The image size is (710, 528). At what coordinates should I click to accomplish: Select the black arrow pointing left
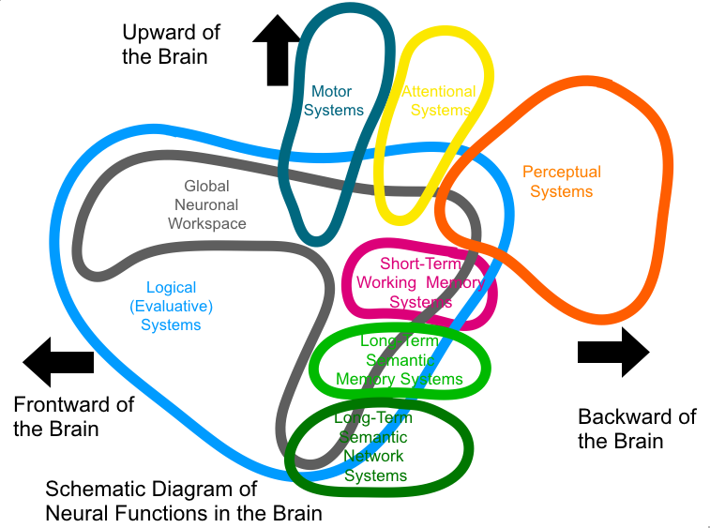point(57,361)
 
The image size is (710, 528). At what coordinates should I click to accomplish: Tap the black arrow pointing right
point(613,352)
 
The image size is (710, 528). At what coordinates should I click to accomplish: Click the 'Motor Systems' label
point(332,101)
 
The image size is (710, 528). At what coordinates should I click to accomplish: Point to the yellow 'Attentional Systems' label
point(439,101)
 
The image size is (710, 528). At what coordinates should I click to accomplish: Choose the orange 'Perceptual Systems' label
point(562,182)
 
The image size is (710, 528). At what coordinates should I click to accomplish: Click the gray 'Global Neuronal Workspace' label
point(207,205)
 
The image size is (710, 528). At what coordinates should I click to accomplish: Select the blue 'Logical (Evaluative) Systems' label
point(172,307)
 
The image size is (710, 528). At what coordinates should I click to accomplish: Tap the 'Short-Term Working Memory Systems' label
point(421,283)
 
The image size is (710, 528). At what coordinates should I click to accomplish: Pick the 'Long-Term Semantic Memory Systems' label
point(400,361)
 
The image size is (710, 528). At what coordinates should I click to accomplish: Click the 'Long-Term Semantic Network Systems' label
point(374,447)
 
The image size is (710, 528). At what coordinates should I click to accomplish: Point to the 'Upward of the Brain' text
point(171,44)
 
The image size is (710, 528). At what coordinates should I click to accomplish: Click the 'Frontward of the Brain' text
point(73,416)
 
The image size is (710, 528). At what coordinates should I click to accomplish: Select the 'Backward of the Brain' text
point(637,429)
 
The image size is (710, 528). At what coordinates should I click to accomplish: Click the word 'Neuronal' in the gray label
point(207,205)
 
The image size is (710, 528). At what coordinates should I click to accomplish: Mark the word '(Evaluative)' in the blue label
point(172,307)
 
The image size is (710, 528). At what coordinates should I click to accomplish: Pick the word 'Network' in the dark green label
point(374,457)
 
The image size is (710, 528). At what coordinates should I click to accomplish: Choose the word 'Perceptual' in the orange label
point(562,173)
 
